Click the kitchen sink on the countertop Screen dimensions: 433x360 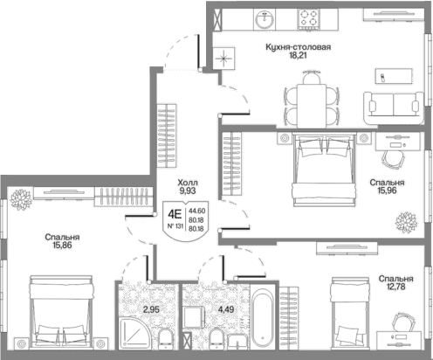coord(265,19)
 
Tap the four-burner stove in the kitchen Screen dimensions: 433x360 coord(308,18)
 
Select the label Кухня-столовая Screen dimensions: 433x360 coord(299,47)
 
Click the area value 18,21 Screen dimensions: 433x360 coord(298,55)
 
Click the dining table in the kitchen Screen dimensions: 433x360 coord(312,106)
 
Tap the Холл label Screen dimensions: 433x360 coord(188,183)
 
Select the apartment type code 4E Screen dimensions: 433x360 coord(175,215)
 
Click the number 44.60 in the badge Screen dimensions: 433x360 coord(197,211)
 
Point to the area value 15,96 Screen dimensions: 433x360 coord(387,190)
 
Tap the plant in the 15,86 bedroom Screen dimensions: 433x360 coord(21,199)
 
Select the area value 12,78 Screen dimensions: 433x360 coord(395,287)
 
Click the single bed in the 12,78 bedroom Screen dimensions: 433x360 coord(349,314)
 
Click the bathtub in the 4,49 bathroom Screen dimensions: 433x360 coord(263,317)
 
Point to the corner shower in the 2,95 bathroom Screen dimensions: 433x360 coord(134,333)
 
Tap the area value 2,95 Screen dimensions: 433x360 coord(151,309)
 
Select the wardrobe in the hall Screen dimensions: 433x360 coord(167,135)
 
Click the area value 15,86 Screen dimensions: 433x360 coord(62,246)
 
